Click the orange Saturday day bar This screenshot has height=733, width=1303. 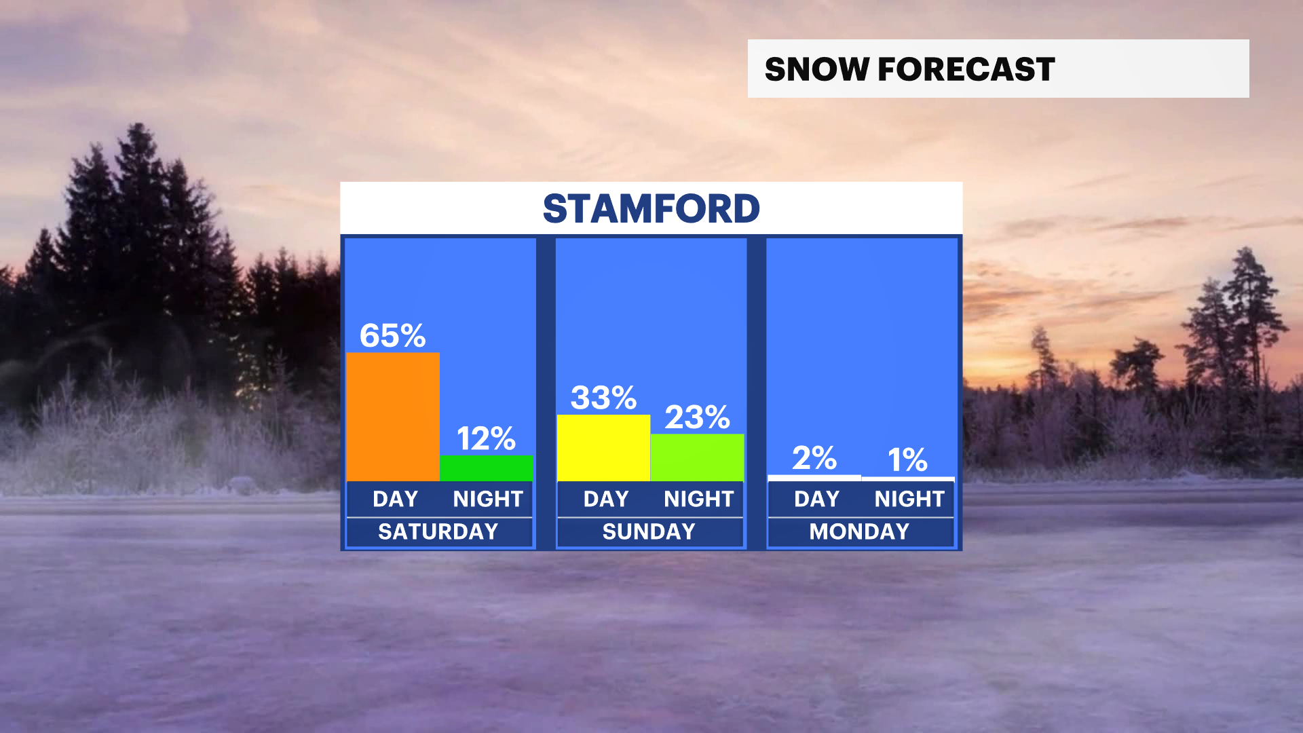pyautogui.click(x=393, y=417)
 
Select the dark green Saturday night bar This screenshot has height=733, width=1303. pyautogui.click(x=487, y=468)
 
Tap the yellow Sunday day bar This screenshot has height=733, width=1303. pyautogui.click(x=603, y=448)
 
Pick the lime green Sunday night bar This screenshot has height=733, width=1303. pyautogui.click(x=697, y=457)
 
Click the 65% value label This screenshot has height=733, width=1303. pyautogui.click(x=392, y=335)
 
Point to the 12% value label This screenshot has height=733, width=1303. pyautogui.click(x=486, y=438)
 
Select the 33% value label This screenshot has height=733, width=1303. pyautogui.click(x=603, y=398)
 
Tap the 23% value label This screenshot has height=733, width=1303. pyautogui.click(x=697, y=417)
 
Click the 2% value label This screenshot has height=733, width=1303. pyautogui.click(x=814, y=458)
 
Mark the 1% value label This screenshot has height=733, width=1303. pyautogui.click(x=908, y=459)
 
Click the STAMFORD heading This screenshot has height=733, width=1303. pyautogui.click(x=651, y=208)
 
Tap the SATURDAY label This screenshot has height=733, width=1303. pyautogui.click(x=438, y=531)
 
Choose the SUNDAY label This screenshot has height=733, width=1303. pyautogui.click(x=649, y=531)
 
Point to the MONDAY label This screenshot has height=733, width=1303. pyautogui.click(x=860, y=531)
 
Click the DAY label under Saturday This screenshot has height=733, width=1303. pyautogui.click(x=396, y=499)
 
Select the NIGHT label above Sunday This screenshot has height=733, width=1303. pyautogui.click(x=699, y=499)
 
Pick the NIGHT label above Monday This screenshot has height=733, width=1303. pyautogui.click(x=909, y=499)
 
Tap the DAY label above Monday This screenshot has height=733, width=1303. pyautogui.click(x=817, y=499)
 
